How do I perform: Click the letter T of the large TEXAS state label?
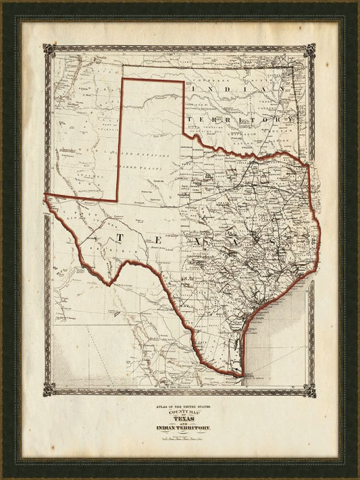tap(120, 238)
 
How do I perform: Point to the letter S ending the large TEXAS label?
tap(271, 241)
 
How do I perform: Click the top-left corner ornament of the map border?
tap(48, 50)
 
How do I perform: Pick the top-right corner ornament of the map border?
tap(310, 50)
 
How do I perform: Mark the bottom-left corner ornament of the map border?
tap(48, 390)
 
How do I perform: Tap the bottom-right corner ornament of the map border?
tap(310, 390)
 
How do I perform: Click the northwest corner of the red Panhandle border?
tap(122, 80)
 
